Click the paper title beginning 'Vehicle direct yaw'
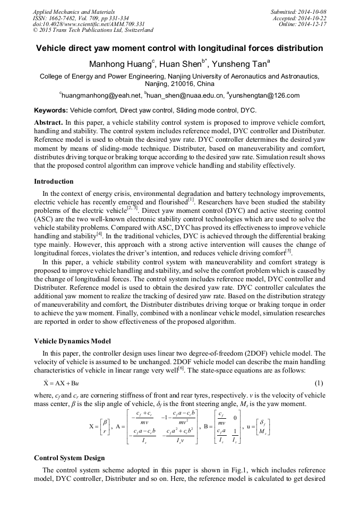point(179,48)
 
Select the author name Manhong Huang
point(121,64)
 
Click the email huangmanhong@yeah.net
point(102,96)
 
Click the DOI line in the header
point(89,24)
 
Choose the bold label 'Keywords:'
point(51,110)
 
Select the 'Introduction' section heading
point(54,181)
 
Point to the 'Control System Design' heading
point(69,458)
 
